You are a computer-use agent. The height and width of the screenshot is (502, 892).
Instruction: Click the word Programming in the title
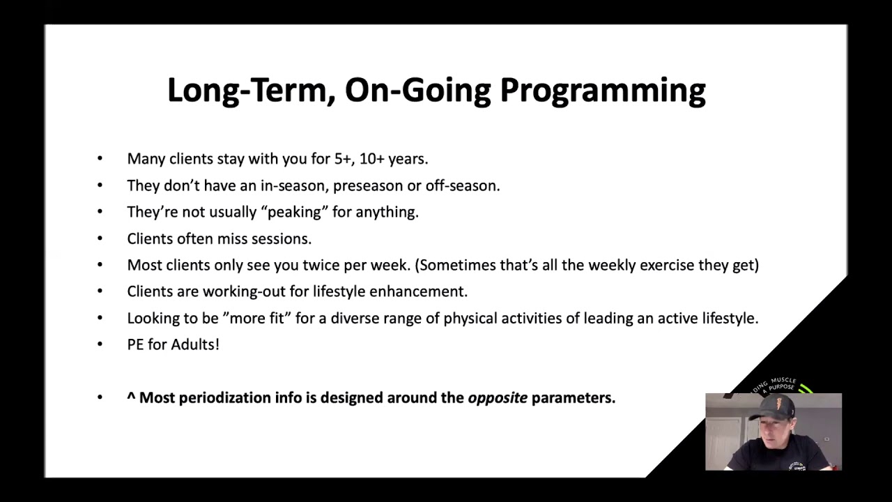pyautogui.click(x=603, y=91)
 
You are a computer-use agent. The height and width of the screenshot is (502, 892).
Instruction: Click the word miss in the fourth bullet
pyautogui.click(x=233, y=238)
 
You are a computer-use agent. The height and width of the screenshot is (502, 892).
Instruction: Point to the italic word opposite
pyautogui.click(x=497, y=398)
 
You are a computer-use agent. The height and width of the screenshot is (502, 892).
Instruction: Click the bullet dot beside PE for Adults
pyautogui.click(x=100, y=344)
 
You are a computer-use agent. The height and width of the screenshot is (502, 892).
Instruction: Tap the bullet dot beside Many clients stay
pyautogui.click(x=100, y=159)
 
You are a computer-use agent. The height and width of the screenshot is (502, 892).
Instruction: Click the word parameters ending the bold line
pyautogui.click(x=573, y=398)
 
